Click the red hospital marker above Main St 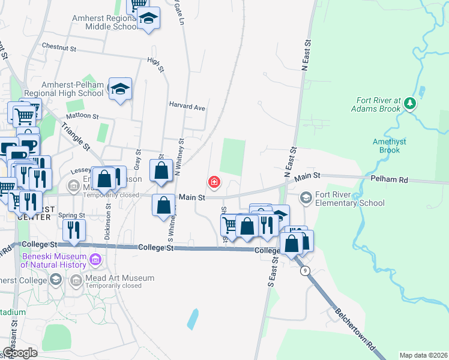click(x=213, y=182)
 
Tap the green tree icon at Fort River click(x=410, y=103)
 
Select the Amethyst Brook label click(x=390, y=146)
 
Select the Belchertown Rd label click(x=355, y=331)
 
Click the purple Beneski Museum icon click(x=94, y=260)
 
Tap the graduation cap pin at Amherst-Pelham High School click(x=120, y=90)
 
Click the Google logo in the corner click(x=20, y=353)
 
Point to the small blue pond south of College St click(x=192, y=319)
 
